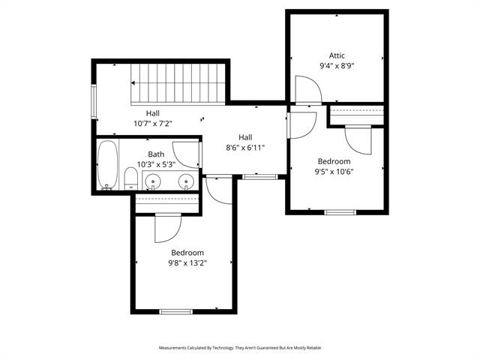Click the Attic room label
coord(337,55)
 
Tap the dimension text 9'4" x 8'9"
coord(337,66)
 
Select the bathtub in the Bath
coord(107,165)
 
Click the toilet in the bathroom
coord(131,178)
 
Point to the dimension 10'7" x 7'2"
coord(153,124)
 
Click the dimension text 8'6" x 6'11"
coord(245,148)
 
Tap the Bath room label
coord(156,154)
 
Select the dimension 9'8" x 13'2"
coord(187,263)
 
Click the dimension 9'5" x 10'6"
coord(334,172)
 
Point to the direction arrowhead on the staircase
coord(133,83)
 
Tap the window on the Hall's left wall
coord(94,102)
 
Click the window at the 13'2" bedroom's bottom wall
coord(176,312)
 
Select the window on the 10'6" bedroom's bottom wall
coord(340,212)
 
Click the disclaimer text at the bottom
coord(240,348)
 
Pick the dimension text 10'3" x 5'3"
coord(156,164)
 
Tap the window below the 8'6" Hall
coord(260,177)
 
